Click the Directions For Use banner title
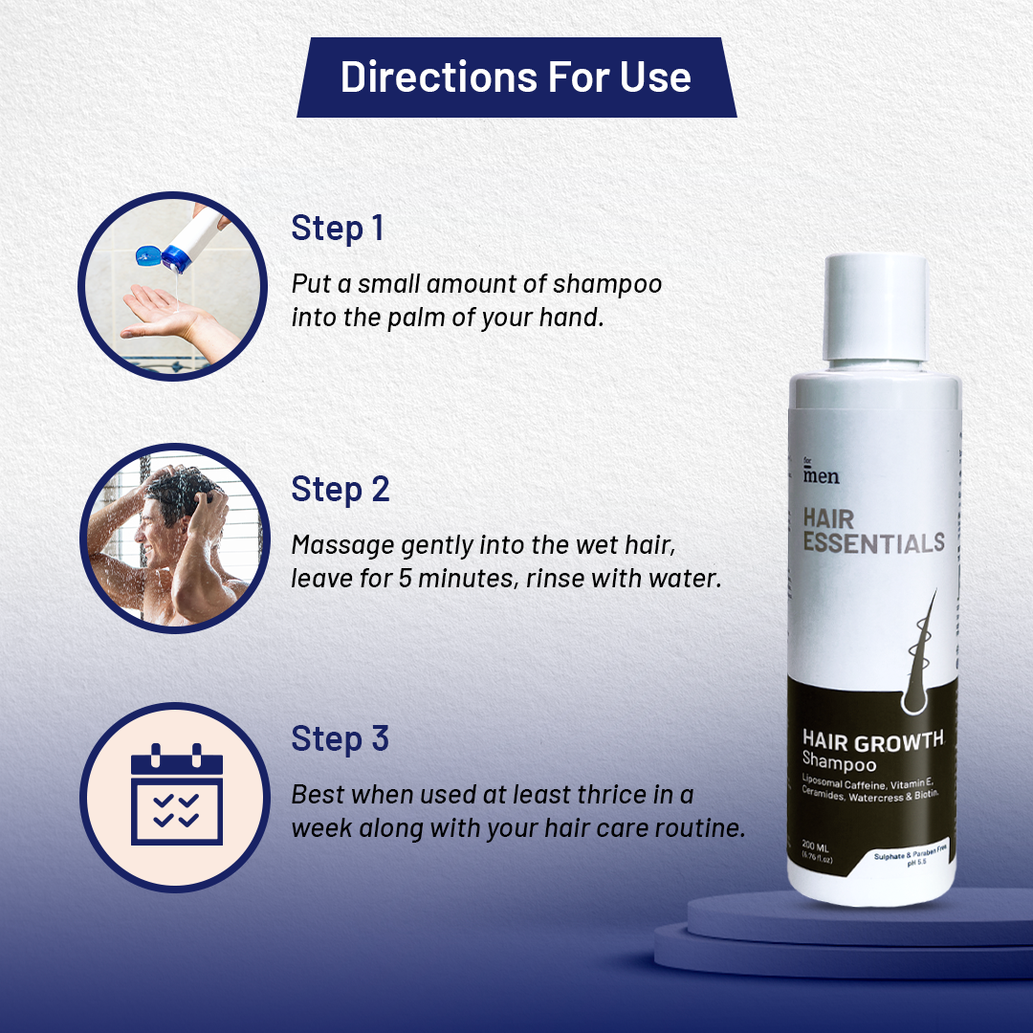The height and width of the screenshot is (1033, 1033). pyautogui.click(x=516, y=77)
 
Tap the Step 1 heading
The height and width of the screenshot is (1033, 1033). pyautogui.click(x=338, y=229)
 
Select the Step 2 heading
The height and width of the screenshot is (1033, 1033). pyautogui.click(x=340, y=489)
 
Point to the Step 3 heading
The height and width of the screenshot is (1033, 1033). pyautogui.click(x=340, y=739)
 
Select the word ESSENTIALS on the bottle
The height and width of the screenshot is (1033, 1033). pyautogui.click(x=873, y=544)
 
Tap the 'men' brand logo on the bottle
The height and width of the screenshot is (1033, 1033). pyautogui.click(x=822, y=474)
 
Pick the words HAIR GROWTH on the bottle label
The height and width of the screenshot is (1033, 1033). pyautogui.click(x=872, y=740)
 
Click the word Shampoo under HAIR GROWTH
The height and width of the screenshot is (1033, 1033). pyautogui.click(x=840, y=762)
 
